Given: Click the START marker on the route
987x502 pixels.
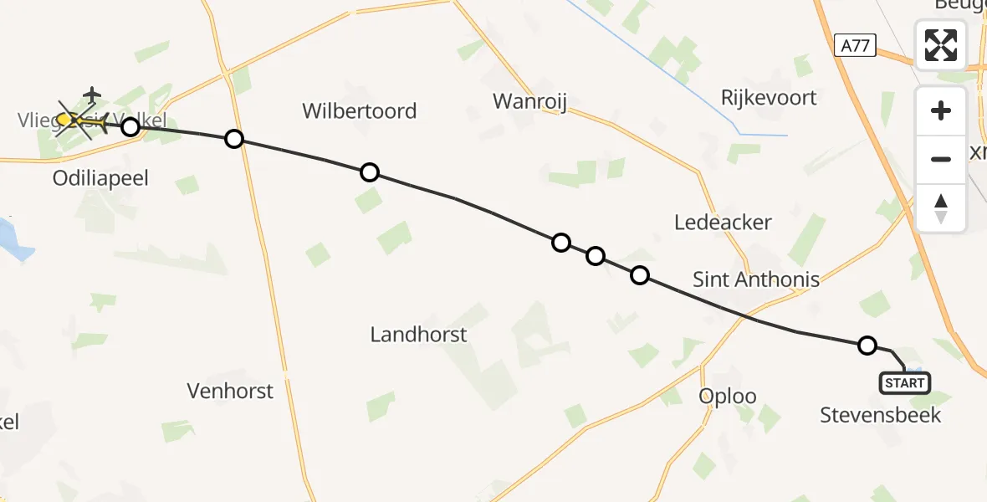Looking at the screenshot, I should click(x=904, y=383).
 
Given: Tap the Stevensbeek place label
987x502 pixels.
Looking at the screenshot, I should click(x=880, y=415).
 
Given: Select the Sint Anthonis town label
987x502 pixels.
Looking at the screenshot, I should click(x=756, y=279).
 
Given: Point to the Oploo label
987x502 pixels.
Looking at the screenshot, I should click(x=728, y=396).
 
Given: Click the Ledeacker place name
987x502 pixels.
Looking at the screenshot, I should click(x=723, y=223).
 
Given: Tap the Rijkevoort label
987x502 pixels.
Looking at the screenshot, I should click(x=769, y=98).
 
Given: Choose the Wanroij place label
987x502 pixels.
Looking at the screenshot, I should click(x=530, y=102).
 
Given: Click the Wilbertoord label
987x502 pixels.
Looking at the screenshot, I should click(x=359, y=111).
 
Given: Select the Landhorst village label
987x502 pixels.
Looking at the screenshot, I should click(x=418, y=336).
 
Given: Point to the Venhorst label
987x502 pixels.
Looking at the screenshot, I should click(x=230, y=391).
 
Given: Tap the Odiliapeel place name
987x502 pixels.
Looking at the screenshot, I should click(x=100, y=179).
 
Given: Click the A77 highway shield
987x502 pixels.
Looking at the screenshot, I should click(x=854, y=47).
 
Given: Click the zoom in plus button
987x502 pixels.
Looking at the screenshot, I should click(x=941, y=110).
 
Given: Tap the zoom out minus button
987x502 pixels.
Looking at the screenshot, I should click(x=941, y=159).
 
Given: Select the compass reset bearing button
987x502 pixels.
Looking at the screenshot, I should click(x=941, y=207).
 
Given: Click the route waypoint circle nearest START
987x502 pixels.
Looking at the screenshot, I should click(x=867, y=346).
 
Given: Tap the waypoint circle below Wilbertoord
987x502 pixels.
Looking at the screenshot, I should click(x=369, y=173).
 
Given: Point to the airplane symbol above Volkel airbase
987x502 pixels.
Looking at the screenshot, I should click(x=92, y=94).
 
